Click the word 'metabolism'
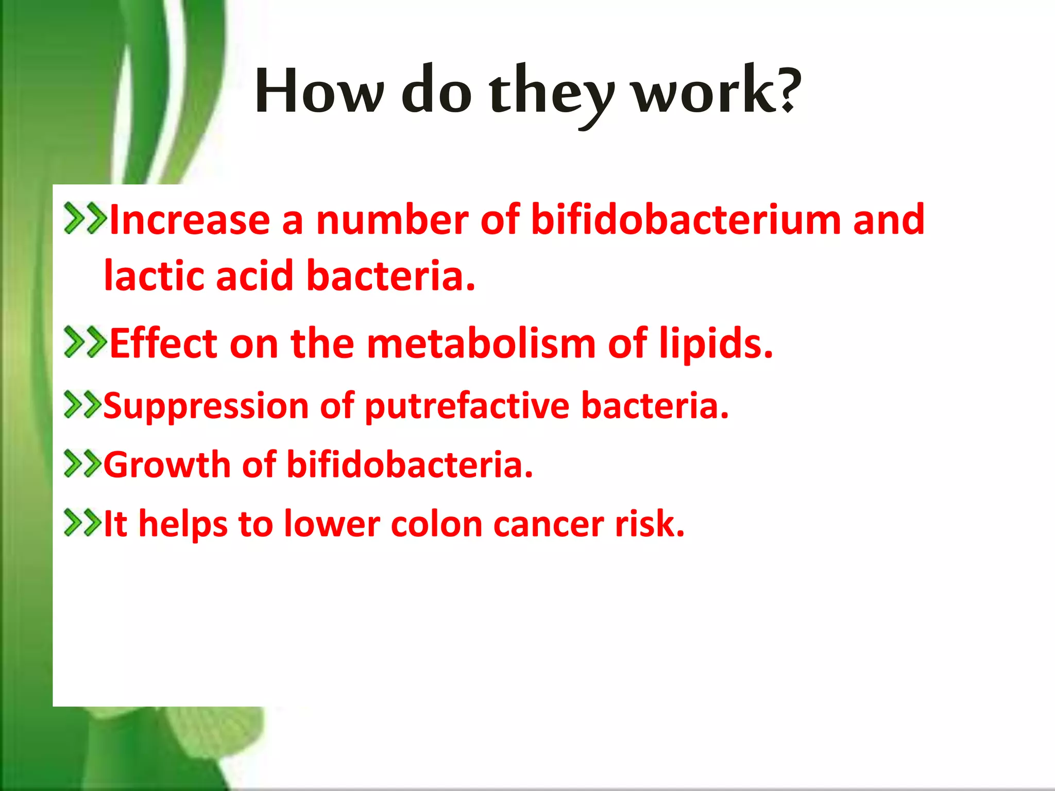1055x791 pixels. [x=481, y=343]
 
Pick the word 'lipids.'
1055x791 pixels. [x=716, y=343]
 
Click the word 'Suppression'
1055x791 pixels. [x=206, y=407]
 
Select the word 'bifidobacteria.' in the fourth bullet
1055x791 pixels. [x=410, y=465]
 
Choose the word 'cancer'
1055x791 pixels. [x=549, y=524]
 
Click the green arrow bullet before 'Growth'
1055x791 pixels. [x=82, y=463]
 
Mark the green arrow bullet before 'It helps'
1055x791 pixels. [x=82, y=523]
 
